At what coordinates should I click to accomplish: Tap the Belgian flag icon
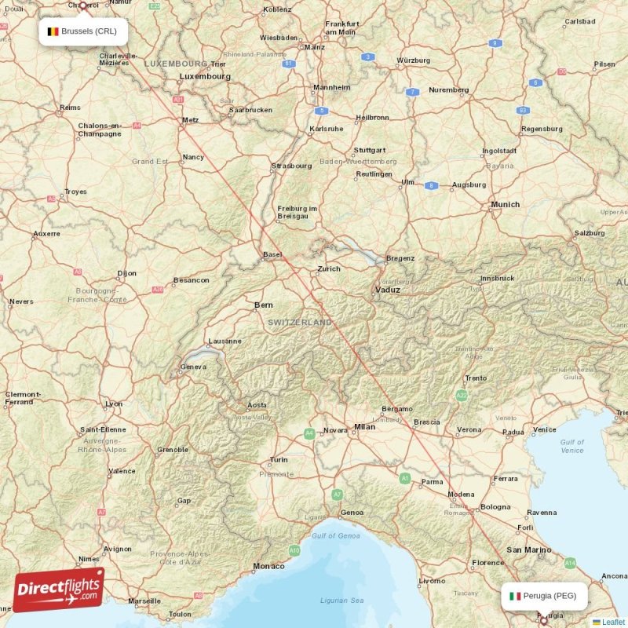[x=53, y=31]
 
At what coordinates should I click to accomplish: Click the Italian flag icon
[x=515, y=596]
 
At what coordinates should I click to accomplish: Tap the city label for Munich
[x=505, y=204]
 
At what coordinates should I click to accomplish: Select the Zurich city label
[x=329, y=268]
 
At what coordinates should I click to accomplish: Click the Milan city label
[x=364, y=427]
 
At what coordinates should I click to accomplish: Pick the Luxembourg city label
[x=205, y=76]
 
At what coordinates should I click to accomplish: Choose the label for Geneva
[x=193, y=367]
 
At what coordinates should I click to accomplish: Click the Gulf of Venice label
[x=571, y=446]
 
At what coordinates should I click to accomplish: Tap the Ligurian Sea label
[x=341, y=601]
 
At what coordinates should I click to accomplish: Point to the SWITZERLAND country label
[x=299, y=322]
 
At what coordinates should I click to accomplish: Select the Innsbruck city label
[x=498, y=278]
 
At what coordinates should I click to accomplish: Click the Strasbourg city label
[x=291, y=166]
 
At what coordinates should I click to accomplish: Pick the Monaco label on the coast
[x=268, y=566]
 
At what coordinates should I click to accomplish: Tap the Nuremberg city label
[x=449, y=89]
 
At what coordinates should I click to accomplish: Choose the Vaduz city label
[x=386, y=290]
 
